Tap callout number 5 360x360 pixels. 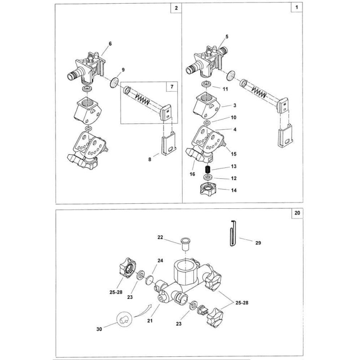pyautogui.click(x=227, y=36)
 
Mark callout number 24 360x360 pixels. pyautogui.click(x=160, y=260)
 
